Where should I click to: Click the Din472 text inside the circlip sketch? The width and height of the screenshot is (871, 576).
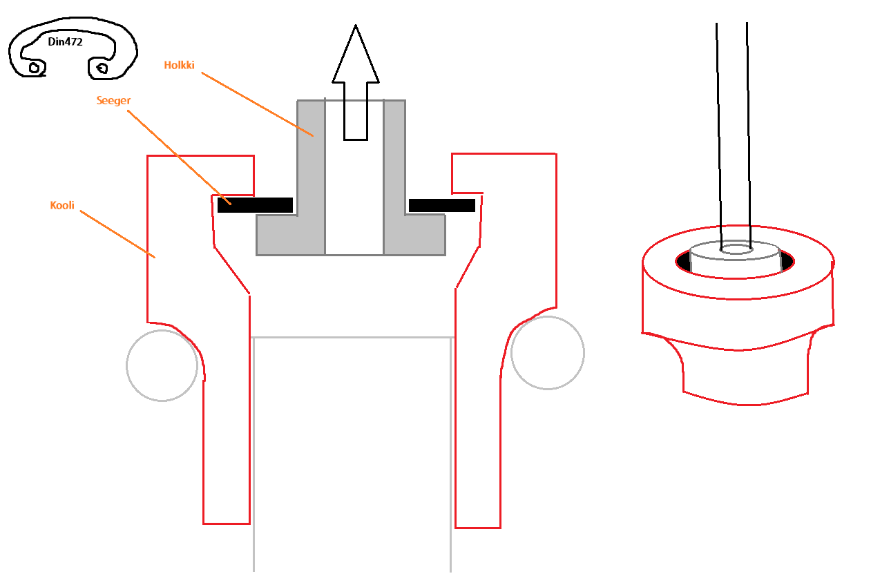click(65, 41)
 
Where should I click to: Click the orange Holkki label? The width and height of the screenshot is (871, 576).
click(179, 65)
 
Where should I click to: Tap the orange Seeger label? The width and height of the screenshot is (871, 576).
click(113, 101)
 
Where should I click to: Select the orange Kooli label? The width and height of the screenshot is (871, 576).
click(62, 205)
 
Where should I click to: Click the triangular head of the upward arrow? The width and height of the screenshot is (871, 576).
click(356, 54)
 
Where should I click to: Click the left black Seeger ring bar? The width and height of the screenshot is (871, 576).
click(255, 205)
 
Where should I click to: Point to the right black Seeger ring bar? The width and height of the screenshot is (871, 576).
click(442, 205)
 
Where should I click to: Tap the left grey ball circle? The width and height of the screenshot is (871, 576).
click(162, 365)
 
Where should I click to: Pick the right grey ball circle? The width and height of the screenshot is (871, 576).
click(548, 353)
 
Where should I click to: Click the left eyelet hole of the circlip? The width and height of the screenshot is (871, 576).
click(35, 68)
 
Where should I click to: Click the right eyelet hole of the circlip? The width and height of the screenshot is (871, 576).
click(102, 68)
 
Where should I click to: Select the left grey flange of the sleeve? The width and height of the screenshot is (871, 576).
click(291, 235)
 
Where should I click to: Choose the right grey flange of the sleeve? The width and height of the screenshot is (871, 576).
click(414, 235)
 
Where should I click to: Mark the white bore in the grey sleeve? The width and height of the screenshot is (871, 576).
click(354, 177)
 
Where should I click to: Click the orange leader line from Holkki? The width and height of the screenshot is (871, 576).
click(258, 104)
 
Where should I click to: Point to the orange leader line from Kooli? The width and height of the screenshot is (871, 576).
click(117, 234)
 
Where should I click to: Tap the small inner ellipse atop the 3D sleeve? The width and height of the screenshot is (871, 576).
click(736, 249)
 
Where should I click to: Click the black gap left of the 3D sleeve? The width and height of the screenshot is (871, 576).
click(683, 261)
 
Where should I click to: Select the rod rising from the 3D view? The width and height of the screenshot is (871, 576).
click(734, 136)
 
